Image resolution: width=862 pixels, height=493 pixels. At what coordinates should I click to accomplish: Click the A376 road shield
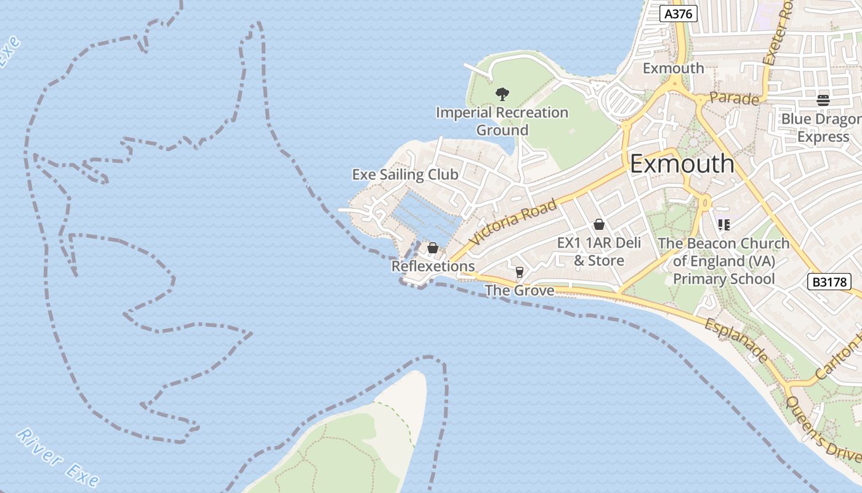click(x=679, y=14)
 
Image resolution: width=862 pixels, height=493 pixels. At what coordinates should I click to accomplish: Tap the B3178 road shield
click(x=829, y=282)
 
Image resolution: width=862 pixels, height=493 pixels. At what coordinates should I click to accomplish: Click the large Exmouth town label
click(x=682, y=164)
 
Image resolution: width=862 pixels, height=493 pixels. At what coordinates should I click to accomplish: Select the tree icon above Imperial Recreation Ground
click(x=502, y=94)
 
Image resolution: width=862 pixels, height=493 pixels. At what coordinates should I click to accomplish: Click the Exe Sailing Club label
click(x=405, y=174)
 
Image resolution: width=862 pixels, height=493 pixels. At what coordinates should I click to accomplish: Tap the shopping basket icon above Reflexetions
click(x=433, y=248)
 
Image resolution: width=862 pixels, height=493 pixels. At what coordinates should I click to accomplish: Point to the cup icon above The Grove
click(x=520, y=272)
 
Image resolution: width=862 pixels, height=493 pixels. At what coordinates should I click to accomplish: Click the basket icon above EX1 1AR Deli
click(x=598, y=225)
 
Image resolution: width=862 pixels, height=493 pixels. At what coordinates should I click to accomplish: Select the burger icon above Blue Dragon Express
click(x=823, y=100)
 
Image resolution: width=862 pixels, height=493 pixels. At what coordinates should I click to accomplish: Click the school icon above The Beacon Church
click(x=723, y=225)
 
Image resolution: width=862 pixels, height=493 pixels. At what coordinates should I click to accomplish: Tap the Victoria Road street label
click(x=512, y=222)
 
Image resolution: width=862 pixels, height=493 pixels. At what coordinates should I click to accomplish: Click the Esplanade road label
click(x=736, y=340)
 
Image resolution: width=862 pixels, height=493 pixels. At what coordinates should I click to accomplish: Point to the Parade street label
click(x=734, y=98)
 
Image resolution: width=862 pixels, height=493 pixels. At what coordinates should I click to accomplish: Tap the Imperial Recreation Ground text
click(x=502, y=121)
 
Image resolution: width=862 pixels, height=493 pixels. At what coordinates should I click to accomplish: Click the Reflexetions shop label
click(x=433, y=266)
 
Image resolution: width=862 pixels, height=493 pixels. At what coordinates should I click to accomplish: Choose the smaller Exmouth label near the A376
click(x=673, y=68)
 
